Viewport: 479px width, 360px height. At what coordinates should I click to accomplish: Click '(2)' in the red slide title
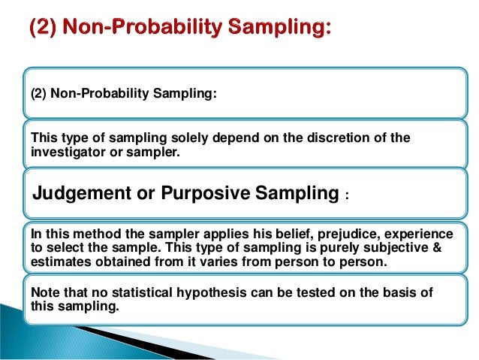(41, 30)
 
